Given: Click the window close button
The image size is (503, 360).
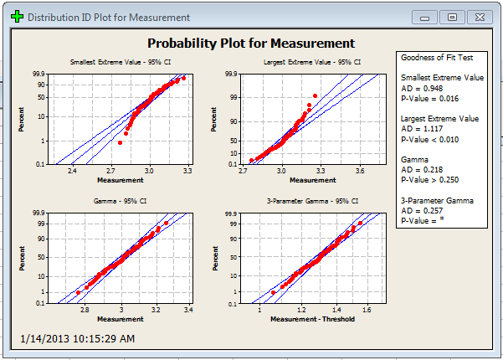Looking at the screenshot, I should pyautogui.click(x=478, y=16).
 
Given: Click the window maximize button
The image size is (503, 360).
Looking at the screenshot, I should pyautogui.click(x=451, y=16).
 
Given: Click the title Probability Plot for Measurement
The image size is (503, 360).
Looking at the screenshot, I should pyautogui.click(x=250, y=44).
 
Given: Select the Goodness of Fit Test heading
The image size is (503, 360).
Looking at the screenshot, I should pyautogui.click(x=437, y=58).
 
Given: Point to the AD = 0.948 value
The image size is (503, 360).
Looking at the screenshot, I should pyautogui.click(x=421, y=88).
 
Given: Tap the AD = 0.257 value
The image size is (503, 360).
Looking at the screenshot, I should pyautogui.click(x=421, y=210).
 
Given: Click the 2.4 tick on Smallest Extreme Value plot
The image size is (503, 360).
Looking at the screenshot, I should pyautogui.click(x=72, y=171).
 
